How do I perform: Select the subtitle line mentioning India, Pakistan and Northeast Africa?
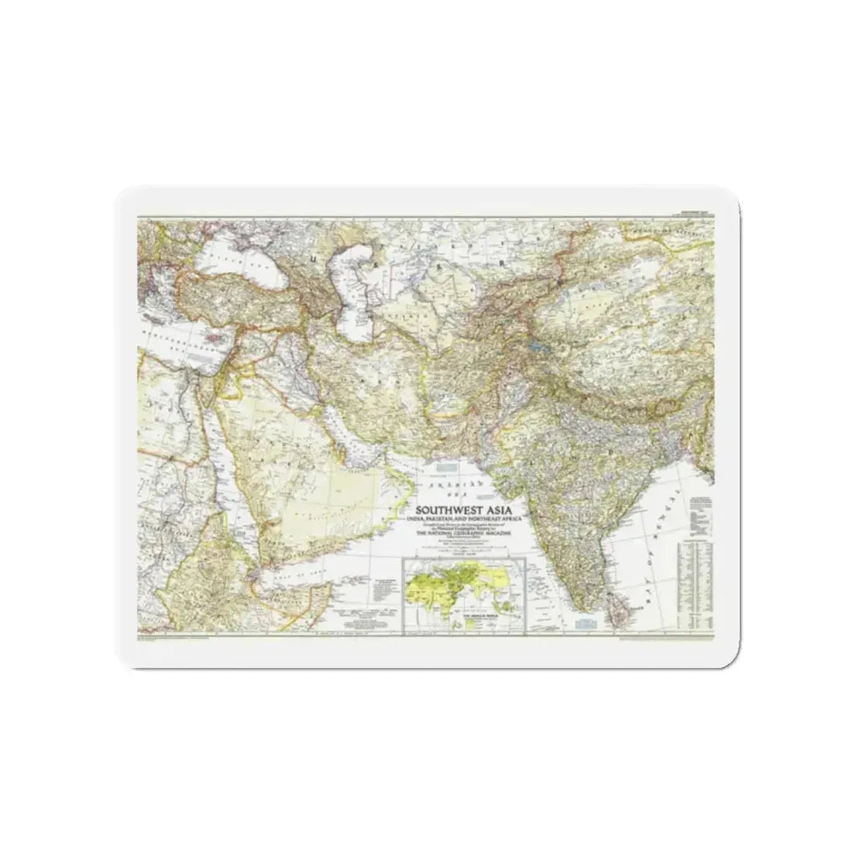coord(470,520)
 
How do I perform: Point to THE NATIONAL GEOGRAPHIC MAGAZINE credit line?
coord(470,534)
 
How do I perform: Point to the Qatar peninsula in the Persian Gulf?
coord(359,444)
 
